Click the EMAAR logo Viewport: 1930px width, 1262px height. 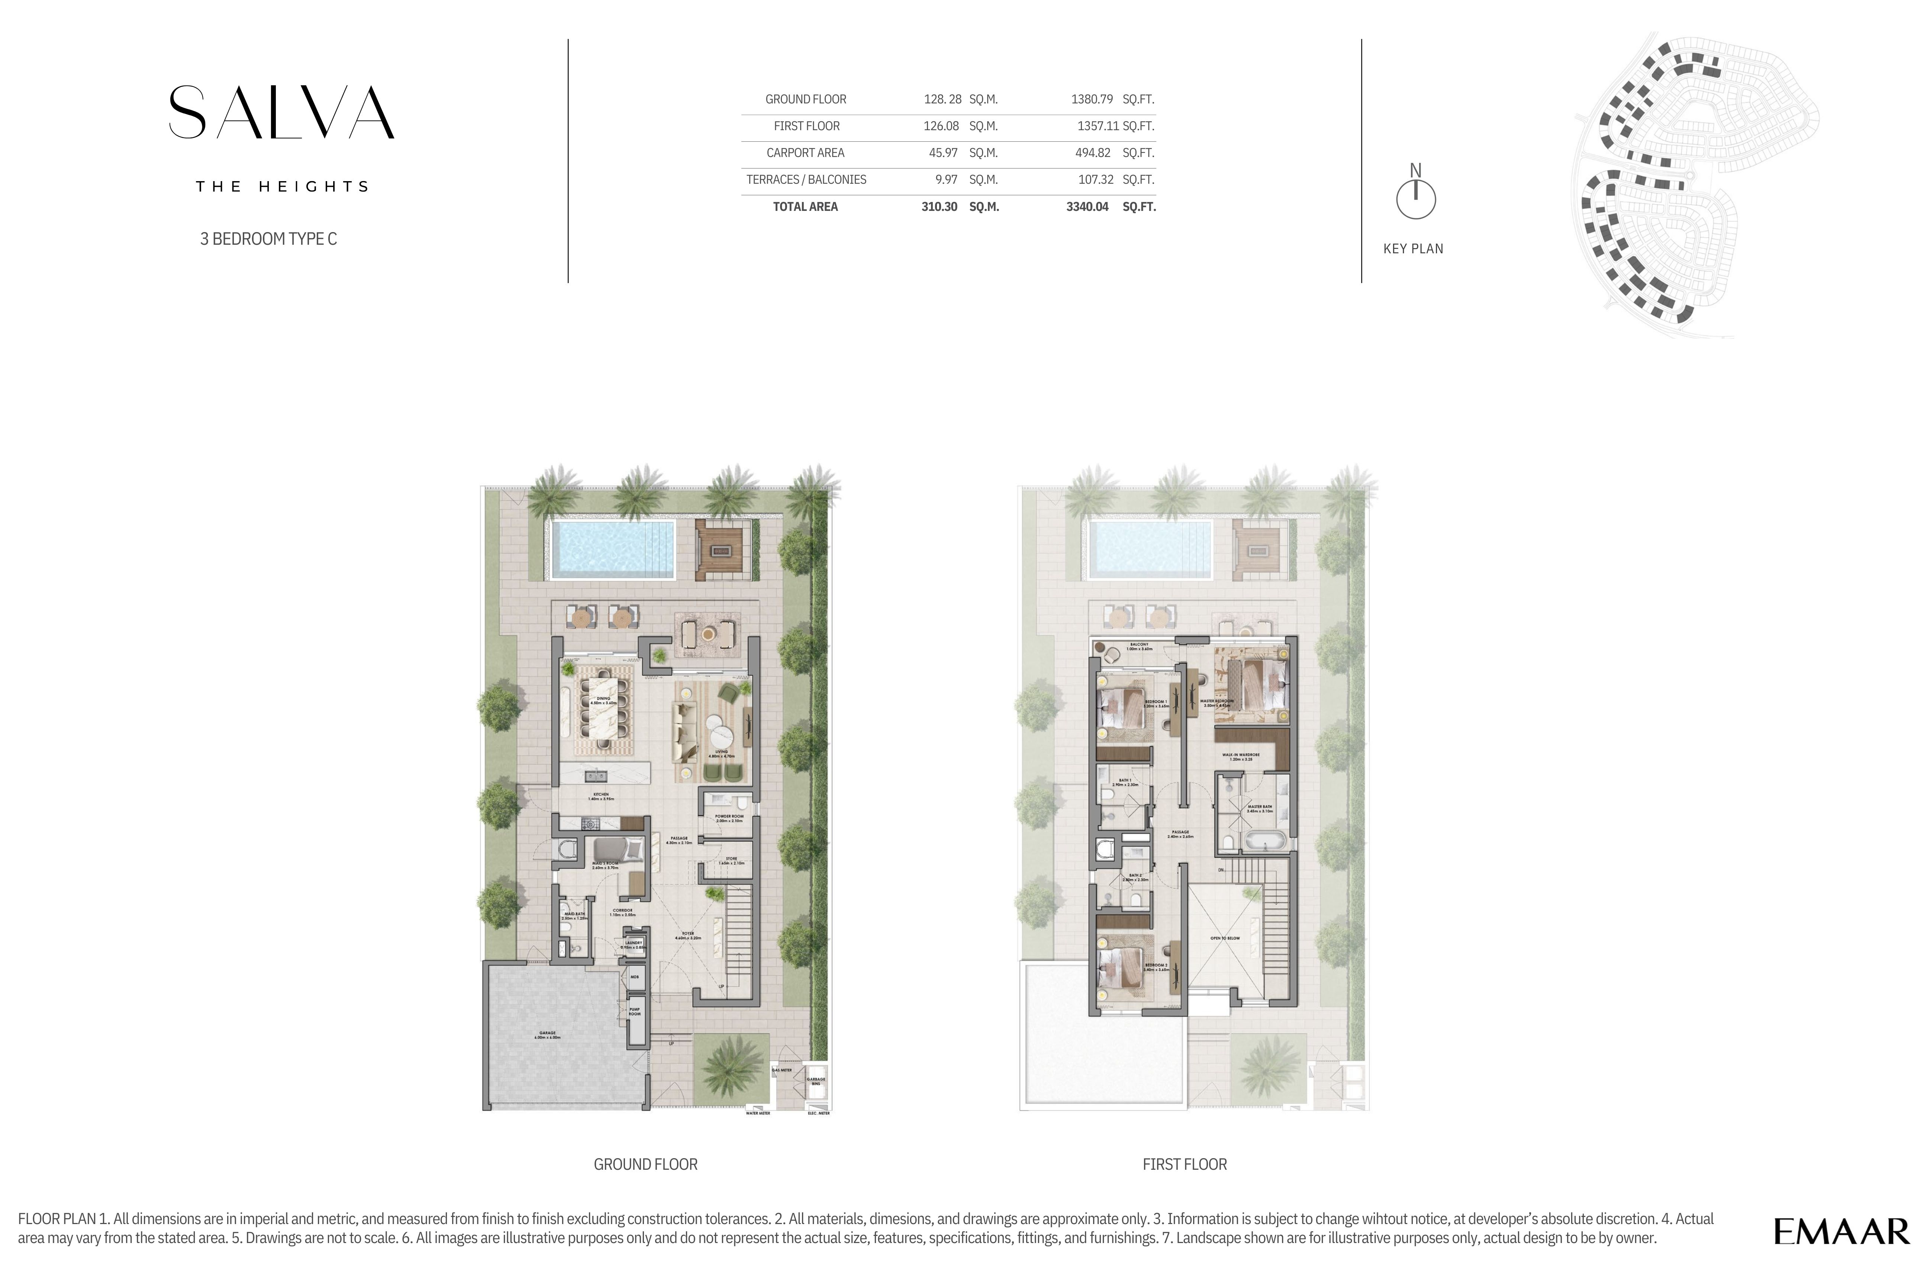coord(1841,1231)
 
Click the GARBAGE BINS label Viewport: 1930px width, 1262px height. coord(816,1081)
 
